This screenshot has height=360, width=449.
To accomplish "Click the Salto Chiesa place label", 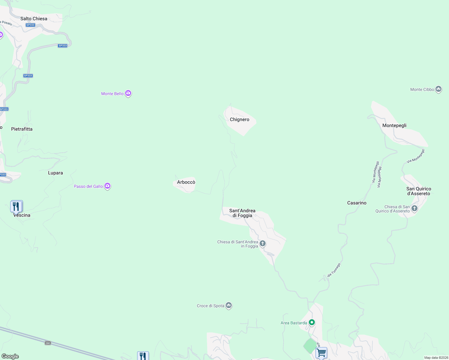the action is coord(34,19).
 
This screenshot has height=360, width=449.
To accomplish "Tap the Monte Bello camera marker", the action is coord(128,93).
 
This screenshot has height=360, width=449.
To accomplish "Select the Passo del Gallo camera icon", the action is coord(107,186).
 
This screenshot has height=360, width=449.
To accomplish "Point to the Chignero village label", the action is coord(240,119).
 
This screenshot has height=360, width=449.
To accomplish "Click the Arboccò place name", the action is coord(186,182).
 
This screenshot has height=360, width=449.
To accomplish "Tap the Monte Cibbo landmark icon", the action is coord(438,89).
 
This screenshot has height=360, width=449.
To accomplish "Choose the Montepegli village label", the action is coord(394,125).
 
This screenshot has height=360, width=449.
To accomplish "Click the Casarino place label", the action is coord(357,203).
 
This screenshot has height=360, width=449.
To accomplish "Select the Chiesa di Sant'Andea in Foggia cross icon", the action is coord(263,243).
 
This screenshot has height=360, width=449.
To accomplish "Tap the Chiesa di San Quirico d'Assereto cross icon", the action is coord(414,208).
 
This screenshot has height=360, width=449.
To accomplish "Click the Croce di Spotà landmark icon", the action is coord(229,305).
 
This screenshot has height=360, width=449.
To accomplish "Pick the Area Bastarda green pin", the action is coord(312,322).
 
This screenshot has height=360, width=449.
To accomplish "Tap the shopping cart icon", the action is coord(321,352).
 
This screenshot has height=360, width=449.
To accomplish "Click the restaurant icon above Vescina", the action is coord(17,206).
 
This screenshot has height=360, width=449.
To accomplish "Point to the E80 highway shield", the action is coord(48,343).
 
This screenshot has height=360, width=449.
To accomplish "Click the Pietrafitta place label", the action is coord(22,129).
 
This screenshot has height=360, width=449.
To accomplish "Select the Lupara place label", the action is coord(56,173).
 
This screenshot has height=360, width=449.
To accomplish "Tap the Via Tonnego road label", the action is coord(334,270).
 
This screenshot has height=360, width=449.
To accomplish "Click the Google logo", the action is coord(10,356).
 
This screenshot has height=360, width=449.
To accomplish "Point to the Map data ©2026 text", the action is coord(436,358).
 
